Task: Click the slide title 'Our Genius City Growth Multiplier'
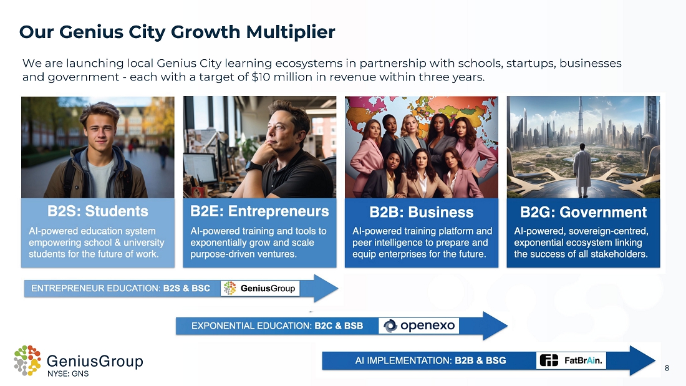[x=177, y=32]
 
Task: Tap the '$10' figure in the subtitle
[x=260, y=77]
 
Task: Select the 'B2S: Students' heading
[x=97, y=211]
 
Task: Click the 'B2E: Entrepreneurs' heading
[x=259, y=211]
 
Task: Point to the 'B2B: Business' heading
[x=422, y=212]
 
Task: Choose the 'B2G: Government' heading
[x=583, y=212]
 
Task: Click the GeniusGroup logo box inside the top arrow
[x=260, y=288]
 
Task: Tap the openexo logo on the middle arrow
[x=418, y=326]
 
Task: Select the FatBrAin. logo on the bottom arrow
[x=571, y=360]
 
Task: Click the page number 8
[x=667, y=368]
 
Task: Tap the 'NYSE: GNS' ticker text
[x=68, y=374]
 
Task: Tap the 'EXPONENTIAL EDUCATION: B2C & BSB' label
[x=278, y=326]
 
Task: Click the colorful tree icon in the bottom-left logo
[x=27, y=360]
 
